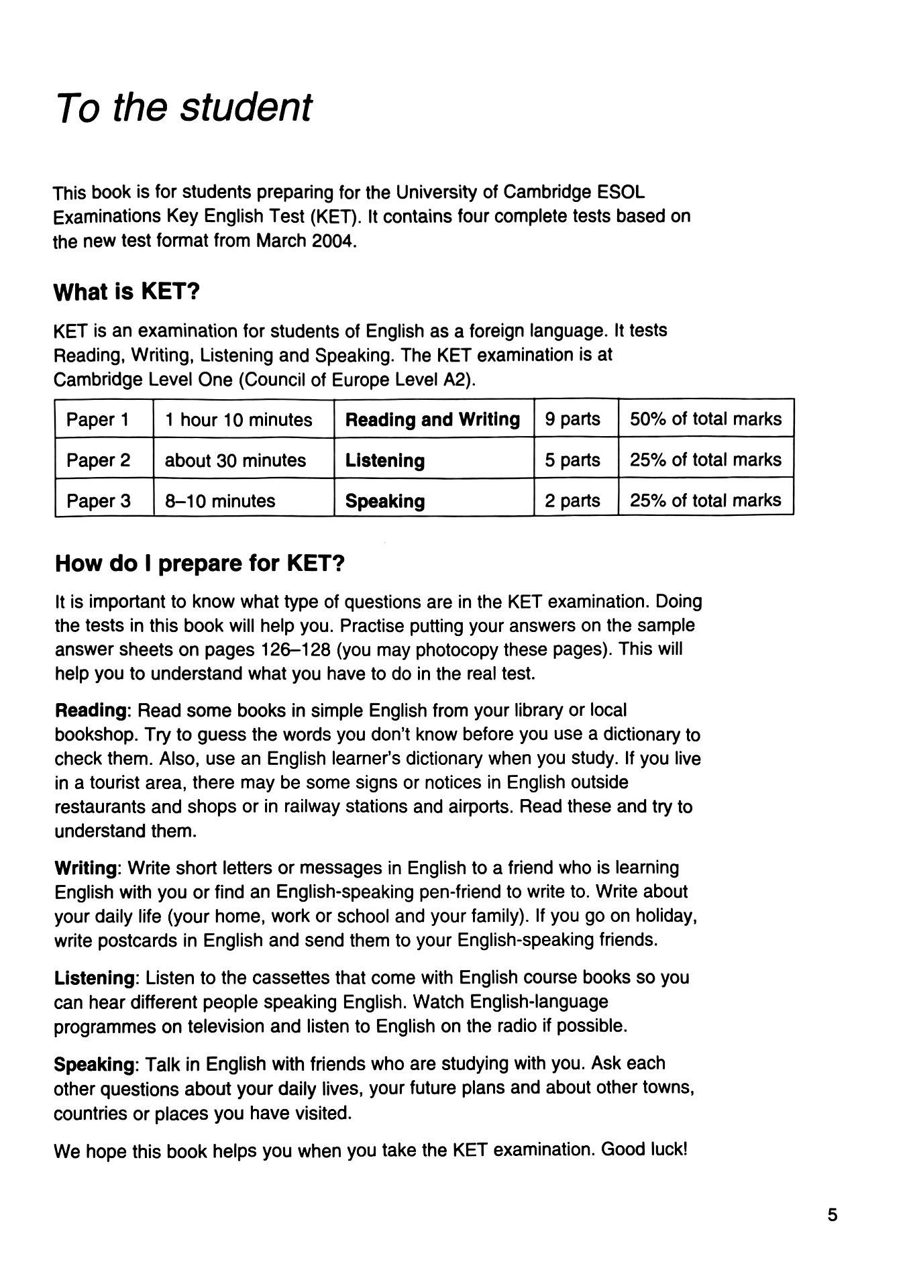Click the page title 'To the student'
(184, 107)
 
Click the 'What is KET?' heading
(127, 292)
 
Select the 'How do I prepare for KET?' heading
(199, 563)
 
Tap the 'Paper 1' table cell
(98, 420)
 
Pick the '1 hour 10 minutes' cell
(238, 420)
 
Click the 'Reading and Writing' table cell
(432, 420)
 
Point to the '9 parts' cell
(572, 419)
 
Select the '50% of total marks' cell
(705, 419)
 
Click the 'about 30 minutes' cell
(235, 460)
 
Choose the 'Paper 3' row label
(98, 501)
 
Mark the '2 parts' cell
(572, 501)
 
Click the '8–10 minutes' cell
(220, 501)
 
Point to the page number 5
(833, 1215)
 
